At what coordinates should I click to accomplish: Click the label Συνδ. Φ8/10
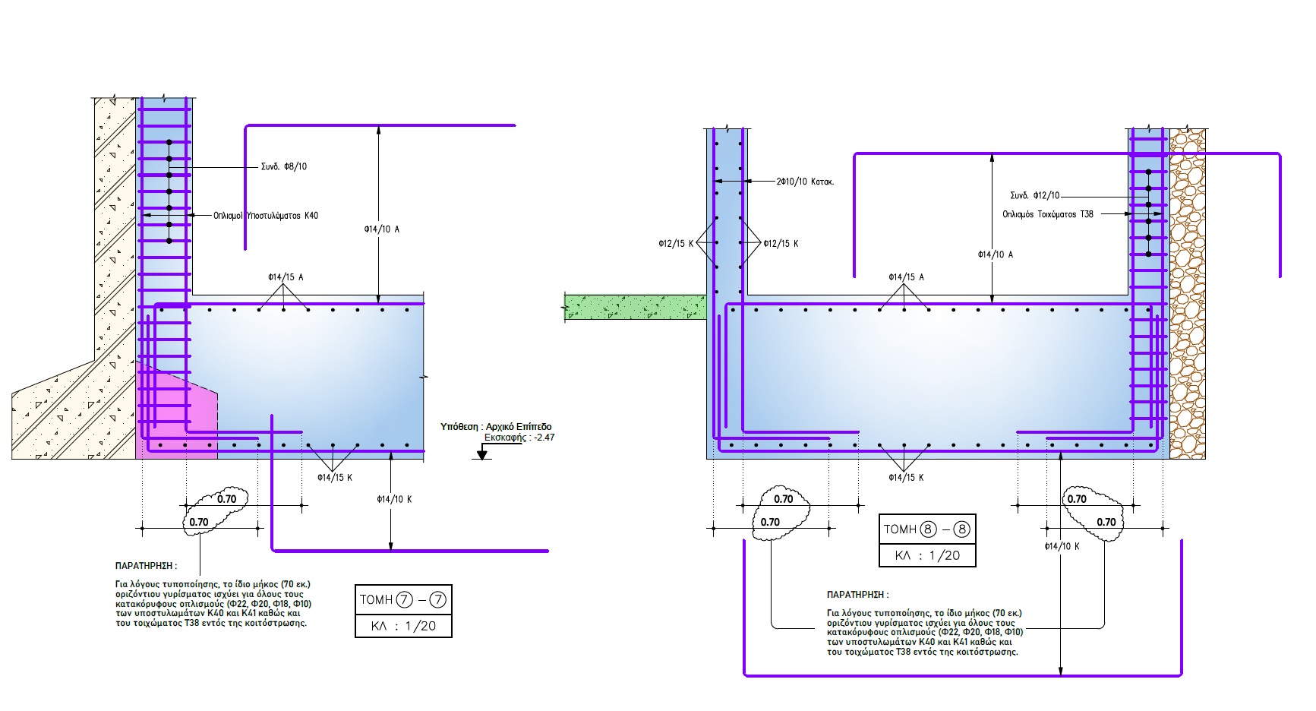click(284, 166)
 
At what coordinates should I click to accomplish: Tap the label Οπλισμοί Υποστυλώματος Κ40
click(266, 216)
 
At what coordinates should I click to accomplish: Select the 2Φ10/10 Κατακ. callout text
click(805, 182)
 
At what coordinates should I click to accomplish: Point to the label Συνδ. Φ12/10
click(1034, 195)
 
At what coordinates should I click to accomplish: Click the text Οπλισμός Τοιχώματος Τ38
click(1048, 214)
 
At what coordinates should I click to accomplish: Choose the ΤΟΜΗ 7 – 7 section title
click(403, 599)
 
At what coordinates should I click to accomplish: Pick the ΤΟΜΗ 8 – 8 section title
click(926, 529)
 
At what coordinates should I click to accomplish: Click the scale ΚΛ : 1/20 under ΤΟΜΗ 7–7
click(403, 626)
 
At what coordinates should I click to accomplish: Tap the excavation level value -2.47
click(544, 438)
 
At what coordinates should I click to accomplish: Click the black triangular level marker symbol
click(481, 454)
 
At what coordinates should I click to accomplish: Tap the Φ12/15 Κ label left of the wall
click(676, 244)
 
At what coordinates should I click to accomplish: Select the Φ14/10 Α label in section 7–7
click(381, 229)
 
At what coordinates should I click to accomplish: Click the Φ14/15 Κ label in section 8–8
click(906, 478)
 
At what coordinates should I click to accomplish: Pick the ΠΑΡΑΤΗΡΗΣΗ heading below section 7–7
click(146, 566)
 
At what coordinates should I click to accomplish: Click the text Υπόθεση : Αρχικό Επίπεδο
click(496, 427)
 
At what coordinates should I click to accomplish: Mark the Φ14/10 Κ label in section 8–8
click(1062, 546)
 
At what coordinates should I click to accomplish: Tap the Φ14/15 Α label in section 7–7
click(286, 277)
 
